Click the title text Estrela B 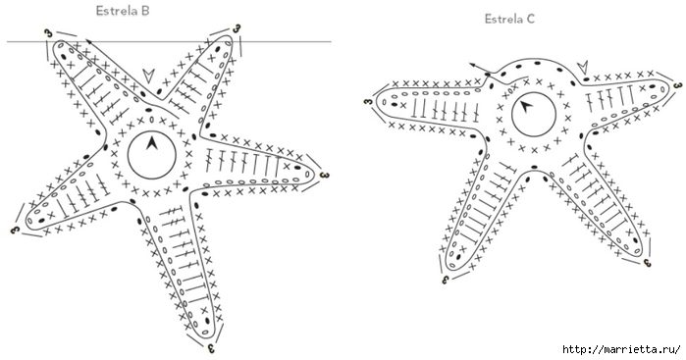pos(123,11)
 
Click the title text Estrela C pos(509,19)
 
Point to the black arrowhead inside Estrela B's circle pos(152,143)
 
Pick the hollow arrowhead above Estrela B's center pos(149,75)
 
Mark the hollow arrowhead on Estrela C pos(583,68)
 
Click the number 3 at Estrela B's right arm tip pos(324,175)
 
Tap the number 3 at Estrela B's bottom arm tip pos(211,348)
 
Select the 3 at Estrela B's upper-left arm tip pos(48,33)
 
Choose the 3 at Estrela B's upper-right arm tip pos(237,28)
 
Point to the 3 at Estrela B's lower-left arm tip pos(15,229)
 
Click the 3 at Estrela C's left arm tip pos(368,102)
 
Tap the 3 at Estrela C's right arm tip pos(678,85)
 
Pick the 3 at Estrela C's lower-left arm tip pos(446,280)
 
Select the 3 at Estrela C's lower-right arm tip pos(648,263)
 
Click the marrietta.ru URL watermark pos(621,349)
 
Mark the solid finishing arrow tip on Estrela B pos(87,40)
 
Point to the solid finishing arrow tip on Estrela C pos(472,65)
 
